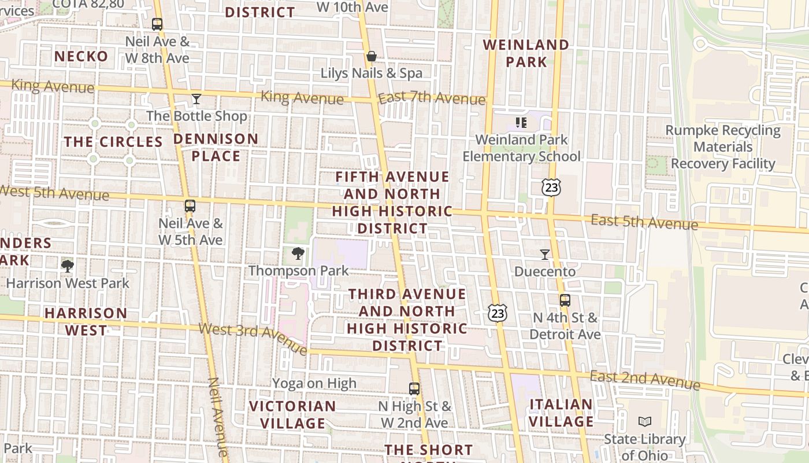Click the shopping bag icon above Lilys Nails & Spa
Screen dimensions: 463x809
(x=372, y=56)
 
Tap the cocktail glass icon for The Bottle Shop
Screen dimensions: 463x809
(x=196, y=99)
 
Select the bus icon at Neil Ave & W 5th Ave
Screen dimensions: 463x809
(x=190, y=205)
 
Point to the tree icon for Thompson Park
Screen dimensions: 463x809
(x=298, y=253)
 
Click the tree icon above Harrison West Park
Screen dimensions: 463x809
(x=68, y=266)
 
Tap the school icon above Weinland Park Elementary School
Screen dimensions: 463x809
(x=521, y=123)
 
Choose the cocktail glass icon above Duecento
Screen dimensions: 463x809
(x=544, y=254)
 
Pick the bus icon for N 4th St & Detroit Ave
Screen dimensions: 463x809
(x=565, y=300)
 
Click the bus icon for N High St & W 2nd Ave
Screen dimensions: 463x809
(x=414, y=389)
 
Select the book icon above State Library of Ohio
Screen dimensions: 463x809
(x=645, y=421)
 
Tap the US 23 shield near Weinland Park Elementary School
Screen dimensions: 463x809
(x=551, y=187)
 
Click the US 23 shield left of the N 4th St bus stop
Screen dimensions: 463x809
(x=497, y=313)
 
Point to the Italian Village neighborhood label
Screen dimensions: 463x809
(x=561, y=413)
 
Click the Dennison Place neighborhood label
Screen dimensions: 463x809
(x=216, y=148)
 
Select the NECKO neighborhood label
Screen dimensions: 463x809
(x=81, y=56)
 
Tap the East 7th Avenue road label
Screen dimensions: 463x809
(x=432, y=98)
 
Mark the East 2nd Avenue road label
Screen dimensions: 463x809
(x=645, y=380)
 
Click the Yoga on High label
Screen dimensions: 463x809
(x=314, y=383)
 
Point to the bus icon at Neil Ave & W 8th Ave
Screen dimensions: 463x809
(x=157, y=24)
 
